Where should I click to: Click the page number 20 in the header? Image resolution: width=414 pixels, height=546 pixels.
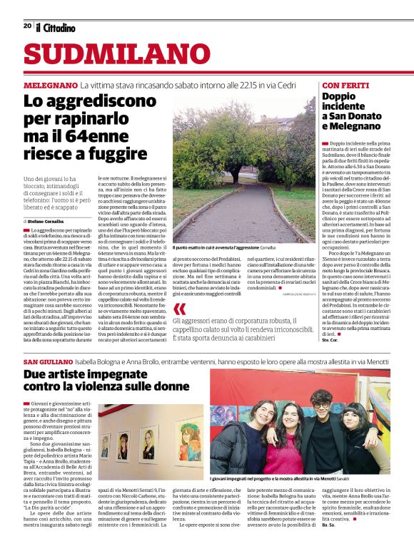pos(27,26)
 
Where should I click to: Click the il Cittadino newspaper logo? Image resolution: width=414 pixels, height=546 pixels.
pos(56,27)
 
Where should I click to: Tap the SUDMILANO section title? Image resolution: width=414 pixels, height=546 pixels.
pos(108,56)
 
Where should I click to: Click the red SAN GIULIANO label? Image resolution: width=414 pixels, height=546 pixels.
pos(47,363)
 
